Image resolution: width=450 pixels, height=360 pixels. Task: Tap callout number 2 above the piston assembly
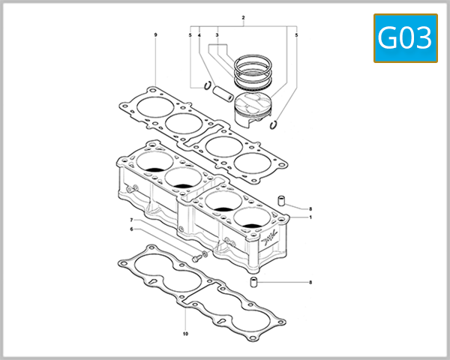click(244, 16)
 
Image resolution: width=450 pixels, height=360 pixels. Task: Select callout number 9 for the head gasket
click(155, 35)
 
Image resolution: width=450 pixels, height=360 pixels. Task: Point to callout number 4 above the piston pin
click(199, 35)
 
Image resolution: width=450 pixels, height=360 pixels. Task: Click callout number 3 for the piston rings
click(217, 35)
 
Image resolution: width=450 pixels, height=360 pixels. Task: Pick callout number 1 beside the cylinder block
click(310, 217)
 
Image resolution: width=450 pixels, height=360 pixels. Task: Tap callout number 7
click(132, 220)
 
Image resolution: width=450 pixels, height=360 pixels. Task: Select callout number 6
click(132, 229)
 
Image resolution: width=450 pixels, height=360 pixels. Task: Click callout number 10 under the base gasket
click(185, 332)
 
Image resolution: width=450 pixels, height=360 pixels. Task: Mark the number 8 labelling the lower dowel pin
click(310, 282)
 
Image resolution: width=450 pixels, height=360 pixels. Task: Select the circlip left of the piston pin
click(203, 85)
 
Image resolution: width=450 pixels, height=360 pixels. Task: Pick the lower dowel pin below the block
click(254, 282)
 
